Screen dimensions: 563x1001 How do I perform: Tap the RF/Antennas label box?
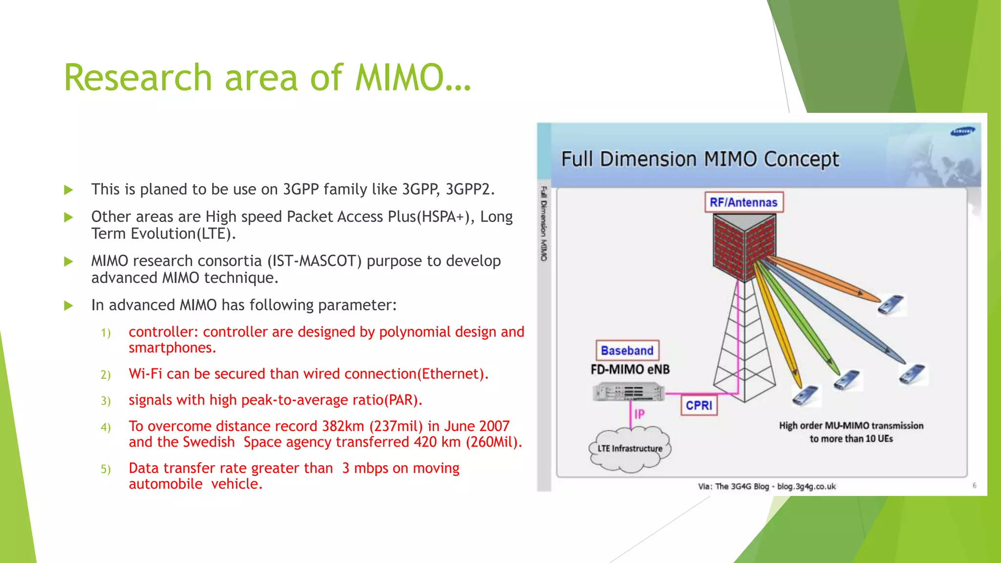(x=743, y=202)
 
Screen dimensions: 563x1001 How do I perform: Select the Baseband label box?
(x=627, y=350)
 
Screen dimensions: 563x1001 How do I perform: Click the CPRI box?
(x=699, y=405)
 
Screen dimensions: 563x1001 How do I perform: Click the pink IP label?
(x=639, y=414)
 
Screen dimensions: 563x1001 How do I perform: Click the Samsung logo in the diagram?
(x=962, y=131)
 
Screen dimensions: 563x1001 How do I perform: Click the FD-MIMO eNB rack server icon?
(x=628, y=392)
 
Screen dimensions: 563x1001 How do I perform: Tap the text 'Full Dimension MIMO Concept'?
(x=700, y=159)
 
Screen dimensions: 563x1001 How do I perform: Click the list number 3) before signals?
(x=106, y=401)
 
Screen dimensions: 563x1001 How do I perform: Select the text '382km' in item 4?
(x=343, y=426)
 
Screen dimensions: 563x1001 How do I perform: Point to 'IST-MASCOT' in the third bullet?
(x=314, y=261)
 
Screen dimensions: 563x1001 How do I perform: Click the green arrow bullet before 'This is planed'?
(x=68, y=190)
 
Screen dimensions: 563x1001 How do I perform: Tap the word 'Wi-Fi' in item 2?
(x=145, y=374)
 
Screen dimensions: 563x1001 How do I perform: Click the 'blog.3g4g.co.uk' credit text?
(x=806, y=486)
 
